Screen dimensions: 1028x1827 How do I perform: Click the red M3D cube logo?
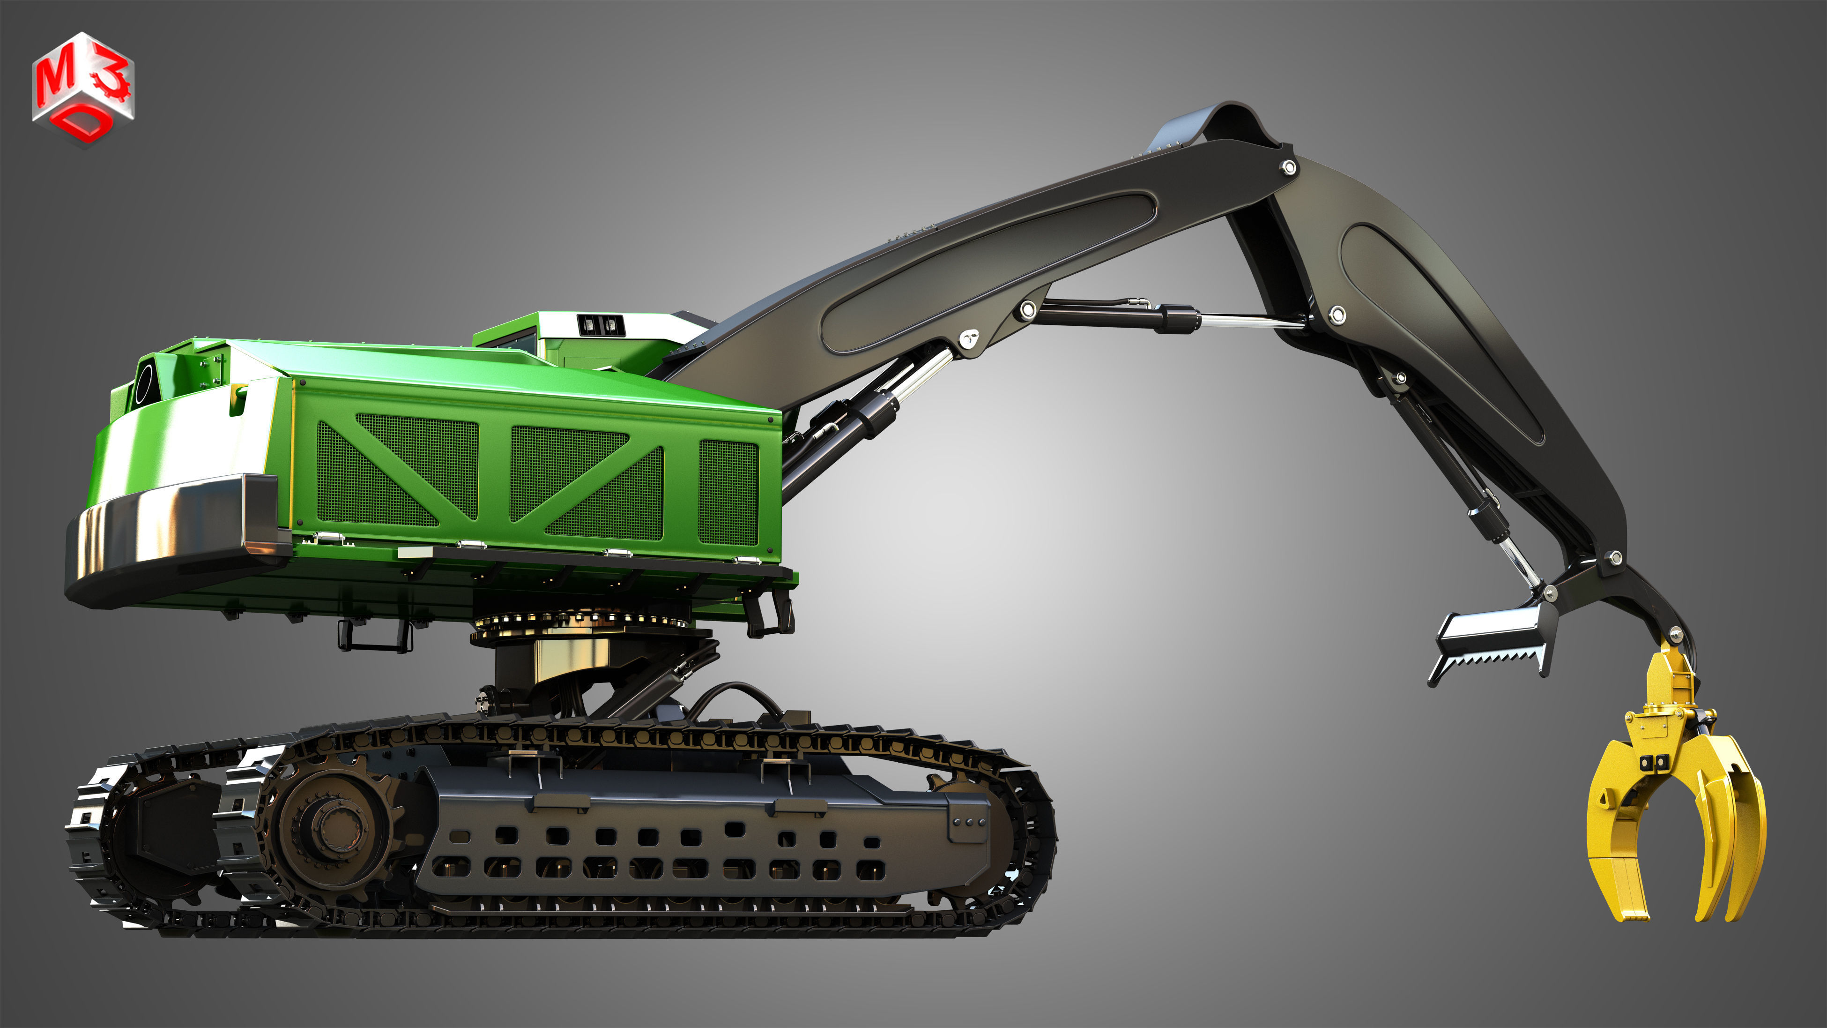point(83,89)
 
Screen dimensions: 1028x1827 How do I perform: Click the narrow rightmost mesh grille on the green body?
point(728,492)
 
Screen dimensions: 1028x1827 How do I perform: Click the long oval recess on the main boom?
point(989,273)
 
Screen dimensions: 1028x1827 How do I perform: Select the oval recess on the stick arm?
point(1440,326)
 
